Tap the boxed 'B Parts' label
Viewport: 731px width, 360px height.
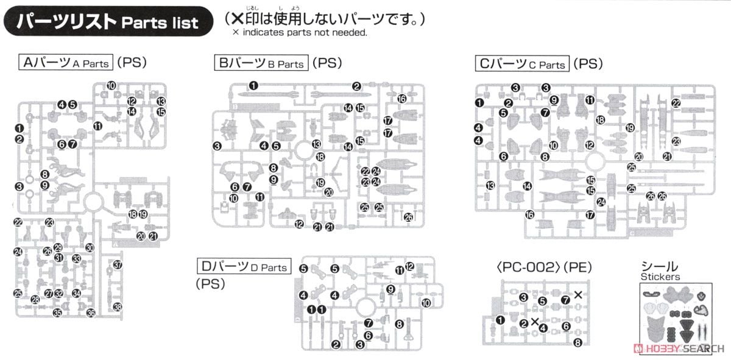pos(261,62)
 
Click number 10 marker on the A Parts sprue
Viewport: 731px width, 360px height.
pos(110,86)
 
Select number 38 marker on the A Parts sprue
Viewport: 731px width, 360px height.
pos(118,306)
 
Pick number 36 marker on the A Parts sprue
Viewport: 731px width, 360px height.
pos(91,313)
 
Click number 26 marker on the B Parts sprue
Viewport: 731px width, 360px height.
pos(408,217)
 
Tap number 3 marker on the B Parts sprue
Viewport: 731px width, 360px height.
pos(217,145)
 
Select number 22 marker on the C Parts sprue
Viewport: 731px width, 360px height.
pos(676,104)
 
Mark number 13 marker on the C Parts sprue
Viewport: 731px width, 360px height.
pos(490,186)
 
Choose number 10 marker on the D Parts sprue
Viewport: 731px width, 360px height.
pos(425,302)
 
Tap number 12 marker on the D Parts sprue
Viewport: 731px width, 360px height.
pos(409,266)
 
